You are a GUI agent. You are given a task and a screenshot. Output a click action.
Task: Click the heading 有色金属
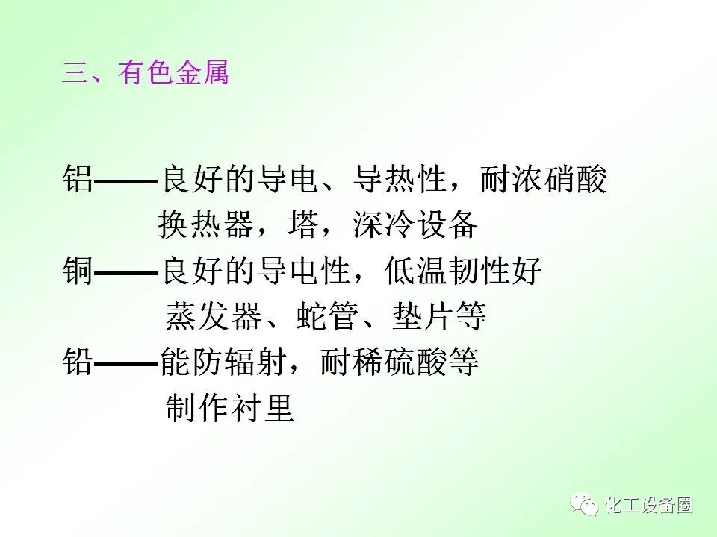pyautogui.click(x=173, y=73)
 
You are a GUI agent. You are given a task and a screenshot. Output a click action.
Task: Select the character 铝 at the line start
pyautogui.click(x=78, y=178)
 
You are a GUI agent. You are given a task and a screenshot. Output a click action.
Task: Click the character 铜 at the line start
pyautogui.click(x=78, y=270)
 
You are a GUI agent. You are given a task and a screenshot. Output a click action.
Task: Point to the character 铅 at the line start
pyautogui.click(x=78, y=362)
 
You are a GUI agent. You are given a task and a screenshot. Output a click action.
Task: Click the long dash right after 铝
pyautogui.click(x=125, y=181)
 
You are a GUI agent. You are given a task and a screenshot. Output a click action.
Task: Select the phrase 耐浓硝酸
pyautogui.click(x=543, y=178)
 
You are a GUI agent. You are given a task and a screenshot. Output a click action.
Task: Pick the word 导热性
pyautogui.click(x=399, y=178)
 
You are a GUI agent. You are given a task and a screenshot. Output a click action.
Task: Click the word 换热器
pyautogui.click(x=205, y=224)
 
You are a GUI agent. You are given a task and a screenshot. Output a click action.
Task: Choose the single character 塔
pyautogui.click(x=303, y=224)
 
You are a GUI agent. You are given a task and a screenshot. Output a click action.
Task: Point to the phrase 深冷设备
pyautogui.click(x=415, y=224)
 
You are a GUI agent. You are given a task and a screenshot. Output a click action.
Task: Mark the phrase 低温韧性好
pyautogui.click(x=463, y=270)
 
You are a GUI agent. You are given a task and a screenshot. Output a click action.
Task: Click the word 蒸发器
pyautogui.click(x=213, y=316)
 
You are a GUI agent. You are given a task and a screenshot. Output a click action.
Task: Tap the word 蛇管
pyautogui.click(x=326, y=316)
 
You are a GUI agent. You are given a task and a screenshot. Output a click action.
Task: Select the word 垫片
pyautogui.click(x=422, y=316)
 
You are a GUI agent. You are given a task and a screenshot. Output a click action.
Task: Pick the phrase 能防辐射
pyautogui.click(x=223, y=362)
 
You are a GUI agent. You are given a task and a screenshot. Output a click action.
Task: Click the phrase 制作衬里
pyautogui.click(x=229, y=407)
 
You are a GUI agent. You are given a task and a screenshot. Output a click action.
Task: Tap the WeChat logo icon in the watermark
pyautogui.click(x=583, y=505)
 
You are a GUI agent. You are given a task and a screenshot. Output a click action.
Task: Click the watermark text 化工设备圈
pyautogui.click(x=649, y=505)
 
